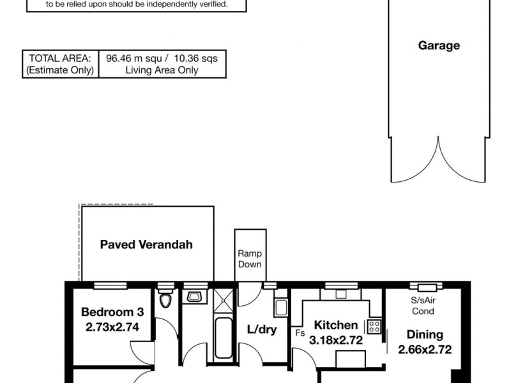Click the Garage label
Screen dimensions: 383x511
tap(439, 45)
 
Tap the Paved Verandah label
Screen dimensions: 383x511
tap(146, 244)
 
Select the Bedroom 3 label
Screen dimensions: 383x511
tap(112, 313)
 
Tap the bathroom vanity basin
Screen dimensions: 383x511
tap(194, 296)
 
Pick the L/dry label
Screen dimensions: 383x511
tap(262, 331)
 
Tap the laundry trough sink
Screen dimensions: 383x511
tap(280, 306)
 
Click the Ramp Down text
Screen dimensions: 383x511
tap(249, 259)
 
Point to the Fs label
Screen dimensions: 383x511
tap(300, 333)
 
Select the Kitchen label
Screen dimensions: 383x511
tap(335, 326)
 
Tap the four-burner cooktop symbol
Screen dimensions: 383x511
tap(374, 327)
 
